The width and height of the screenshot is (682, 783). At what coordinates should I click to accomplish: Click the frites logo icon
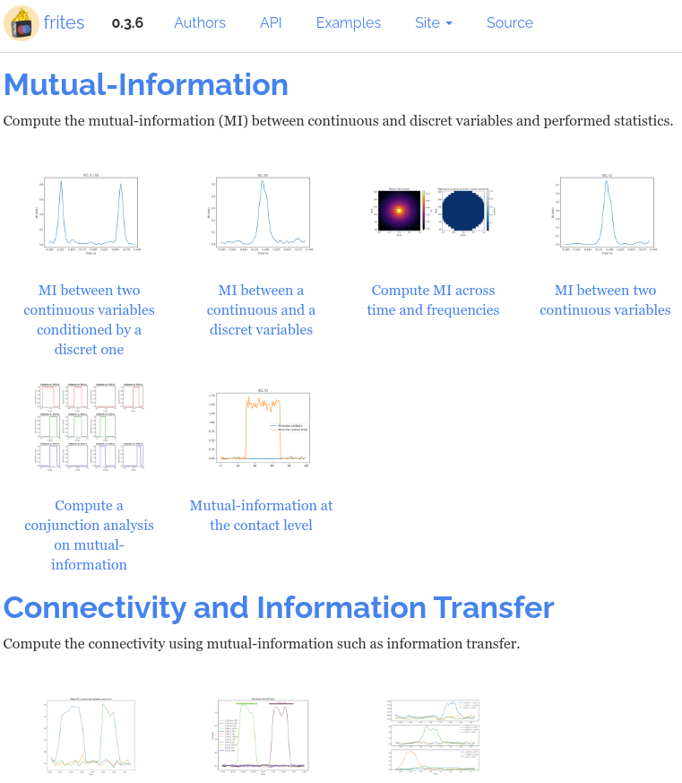(22, 23)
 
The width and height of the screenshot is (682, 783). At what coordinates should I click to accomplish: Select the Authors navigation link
(200, 23)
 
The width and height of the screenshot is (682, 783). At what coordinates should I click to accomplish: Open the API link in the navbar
(271, 23)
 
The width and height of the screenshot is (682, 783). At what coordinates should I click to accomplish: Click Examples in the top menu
(349, 23)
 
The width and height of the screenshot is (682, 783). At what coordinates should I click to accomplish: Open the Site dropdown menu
(434, 23)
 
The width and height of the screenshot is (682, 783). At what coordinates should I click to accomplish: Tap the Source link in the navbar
(510, 23)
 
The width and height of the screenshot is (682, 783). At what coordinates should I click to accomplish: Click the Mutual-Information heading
(146, 84)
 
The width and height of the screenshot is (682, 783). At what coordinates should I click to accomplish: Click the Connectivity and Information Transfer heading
(279, 607)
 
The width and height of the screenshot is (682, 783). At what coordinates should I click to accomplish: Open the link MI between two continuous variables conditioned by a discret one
(89, 319)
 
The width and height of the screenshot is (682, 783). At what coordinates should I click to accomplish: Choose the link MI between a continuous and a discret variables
(261, 309)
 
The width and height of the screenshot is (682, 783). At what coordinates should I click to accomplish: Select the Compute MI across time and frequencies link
(433, 300)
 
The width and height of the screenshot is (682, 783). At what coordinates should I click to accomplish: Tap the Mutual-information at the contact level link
(261, 515)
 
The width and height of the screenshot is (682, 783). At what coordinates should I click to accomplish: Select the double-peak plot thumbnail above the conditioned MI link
(89, 213)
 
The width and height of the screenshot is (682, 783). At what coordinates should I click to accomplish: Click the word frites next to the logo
(64, 23)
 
